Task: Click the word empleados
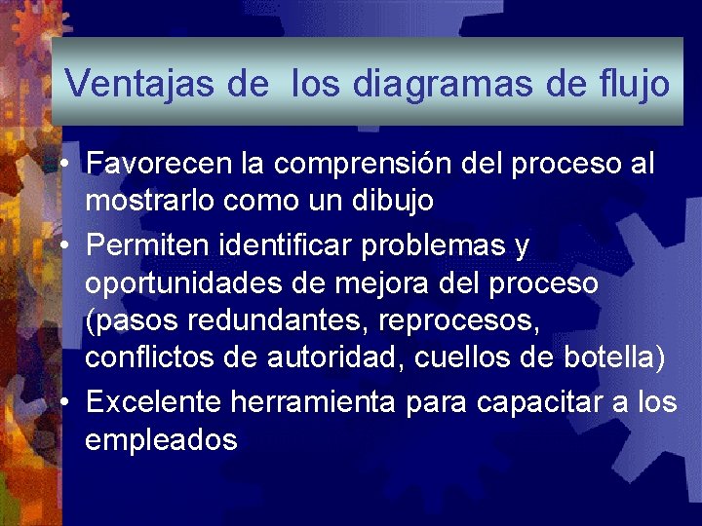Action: [x=161, y=440]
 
